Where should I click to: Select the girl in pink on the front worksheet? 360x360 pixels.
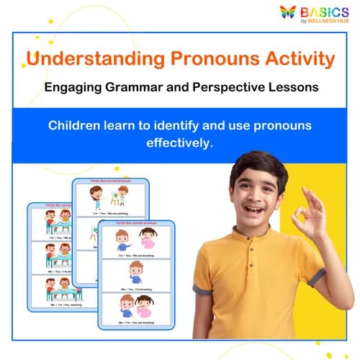143,306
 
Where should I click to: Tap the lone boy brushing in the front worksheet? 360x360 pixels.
135,274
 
